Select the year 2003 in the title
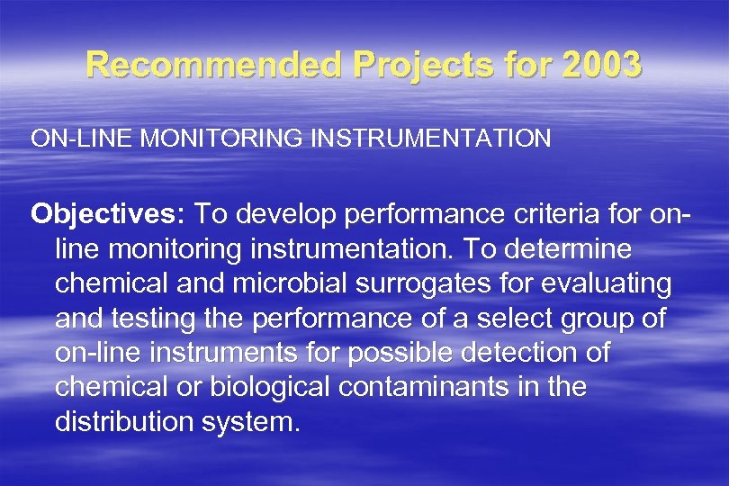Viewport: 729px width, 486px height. click(x=601, y=64)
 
